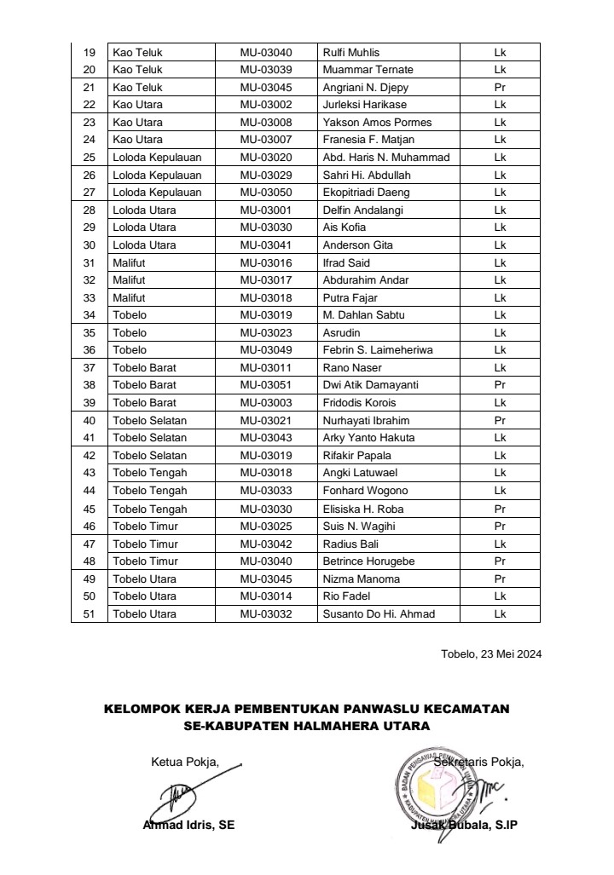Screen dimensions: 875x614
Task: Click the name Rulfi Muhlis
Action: pyautogui.click(x=351, y=52)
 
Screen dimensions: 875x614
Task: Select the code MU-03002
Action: pyautogui.click(x=266, y=105)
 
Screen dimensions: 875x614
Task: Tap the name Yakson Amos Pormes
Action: pyautogui.click(x=377, y=123)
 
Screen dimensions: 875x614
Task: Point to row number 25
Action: pyautogui.click(x=89, y=158)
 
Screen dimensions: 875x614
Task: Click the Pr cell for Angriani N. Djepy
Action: pyautogui.click(x=500, y=88)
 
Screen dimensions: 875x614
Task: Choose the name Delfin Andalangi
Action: pyautogui.click(x=362, y=210)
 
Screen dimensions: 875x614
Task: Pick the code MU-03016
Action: pyautogui.click(x=266, y=262)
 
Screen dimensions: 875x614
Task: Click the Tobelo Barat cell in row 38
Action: pyautogui.click(x=144, y=385)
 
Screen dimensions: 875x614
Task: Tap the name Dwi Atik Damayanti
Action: pyautogui.click(x=370, y=385)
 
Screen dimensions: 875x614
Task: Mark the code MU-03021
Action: pyautogui.click(x=266, y=420)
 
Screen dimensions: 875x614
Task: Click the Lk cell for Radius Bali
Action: pyautogui.click(x=500, y=544)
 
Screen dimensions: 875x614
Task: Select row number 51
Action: pyautogui.click(x=89, y=613)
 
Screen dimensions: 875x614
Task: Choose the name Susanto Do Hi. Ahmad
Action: pyautogui.click(x=379, y=613)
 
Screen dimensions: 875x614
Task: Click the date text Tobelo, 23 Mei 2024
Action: pyautogui.click(x=490, y=654)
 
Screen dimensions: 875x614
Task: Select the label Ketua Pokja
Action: pyautogui.click(x=184, y=762)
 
